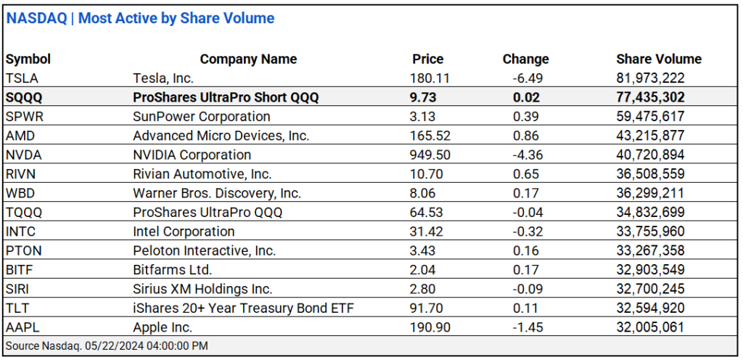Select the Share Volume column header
pyautogui.click(x=659, y=60)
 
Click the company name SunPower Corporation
pyautogui.click(x=202, y=117)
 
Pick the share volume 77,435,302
pyautogui.click(x=650, y=97)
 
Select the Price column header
pyautogui.click(x=427, y=60)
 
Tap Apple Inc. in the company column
pyautogui.click(x=163, y=327)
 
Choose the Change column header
pyautogui.click(x=525, y=60)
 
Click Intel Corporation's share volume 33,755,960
pyautogui.click(x=650, y=232)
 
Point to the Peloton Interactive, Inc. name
pyautogui.click(x=204, y=251)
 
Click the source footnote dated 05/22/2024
pyautogui.click(x=107, y=346)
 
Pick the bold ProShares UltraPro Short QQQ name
pyautogui.click(x=226, y=97)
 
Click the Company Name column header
pyautogui.click(x=248, y=60)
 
